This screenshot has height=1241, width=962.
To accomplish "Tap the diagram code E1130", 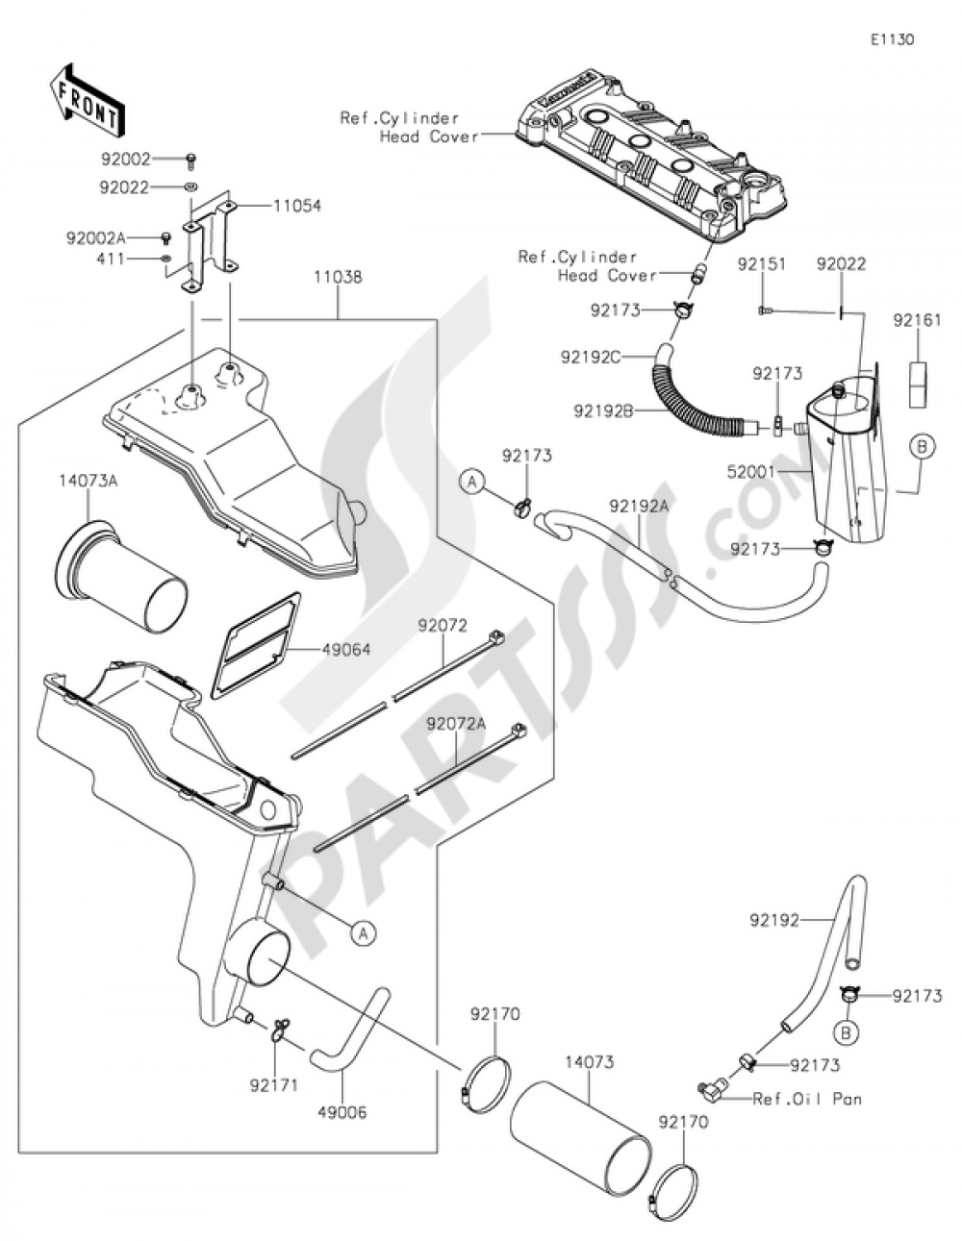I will [892, 40].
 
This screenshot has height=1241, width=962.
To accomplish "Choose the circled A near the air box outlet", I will [363, 931].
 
